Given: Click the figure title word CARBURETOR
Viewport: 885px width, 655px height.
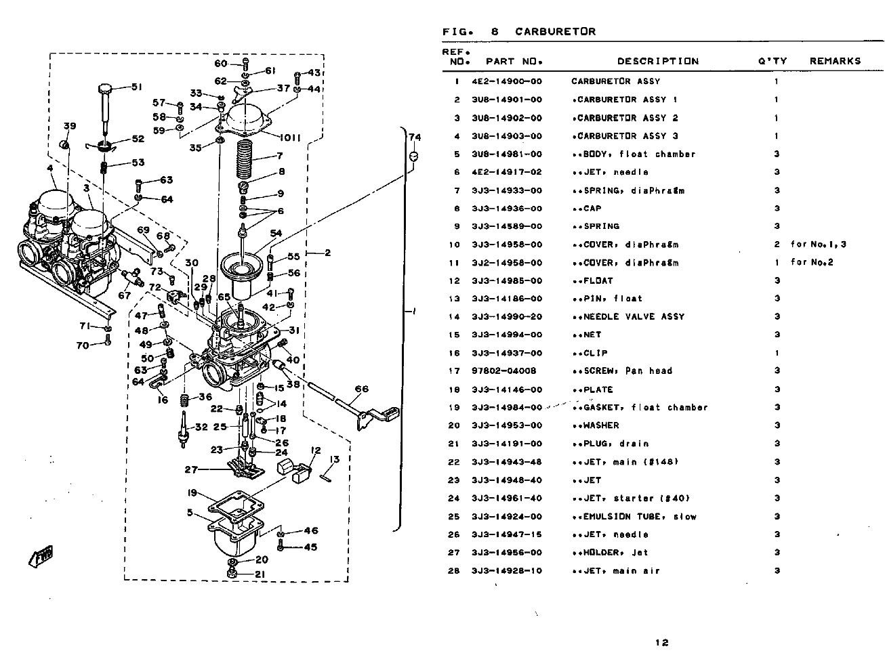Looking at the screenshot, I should [555, 31].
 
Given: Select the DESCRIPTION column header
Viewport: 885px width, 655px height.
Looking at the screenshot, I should [657, 61].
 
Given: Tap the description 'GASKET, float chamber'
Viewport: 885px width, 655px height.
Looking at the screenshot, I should [640, 408].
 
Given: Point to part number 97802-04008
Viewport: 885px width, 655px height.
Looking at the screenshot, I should [503, 371].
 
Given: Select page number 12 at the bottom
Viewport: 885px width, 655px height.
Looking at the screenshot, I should [662, 643].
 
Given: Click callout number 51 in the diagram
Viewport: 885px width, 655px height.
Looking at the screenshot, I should [136, 87].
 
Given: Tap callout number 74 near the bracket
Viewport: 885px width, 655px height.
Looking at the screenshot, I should [415, 138].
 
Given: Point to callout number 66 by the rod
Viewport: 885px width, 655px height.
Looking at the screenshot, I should [362, 389].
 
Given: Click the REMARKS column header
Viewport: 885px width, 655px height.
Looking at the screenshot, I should [835, 61].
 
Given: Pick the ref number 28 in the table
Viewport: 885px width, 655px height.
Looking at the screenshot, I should [454, 571].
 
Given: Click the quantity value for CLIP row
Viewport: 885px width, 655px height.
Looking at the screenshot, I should [777, 353].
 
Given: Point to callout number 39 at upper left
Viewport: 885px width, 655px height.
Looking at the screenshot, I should [70, 127].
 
